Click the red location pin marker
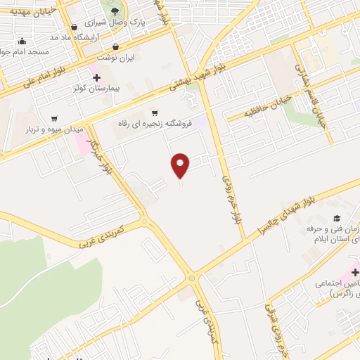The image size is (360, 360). tap(181, 165)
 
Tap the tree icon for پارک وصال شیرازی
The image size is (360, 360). tap(115, 10)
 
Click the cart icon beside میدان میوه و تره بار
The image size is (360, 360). tap(54, 118)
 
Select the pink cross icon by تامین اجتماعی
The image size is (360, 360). tap(354, 271)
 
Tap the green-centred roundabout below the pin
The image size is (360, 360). tap(192, 278)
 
